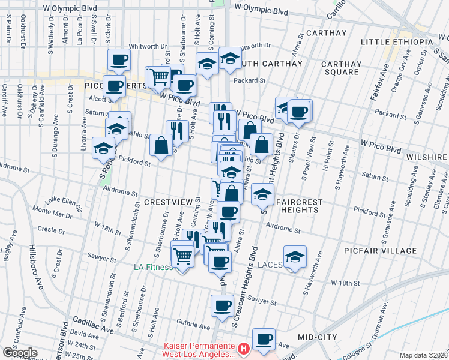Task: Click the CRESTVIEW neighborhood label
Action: click(x=161, y=203)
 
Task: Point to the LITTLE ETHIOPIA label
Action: click(x=397, y=41)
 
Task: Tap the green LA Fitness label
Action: click(x=152, y=266)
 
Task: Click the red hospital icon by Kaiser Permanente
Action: click(x=243, y=348)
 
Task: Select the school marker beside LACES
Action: click(x=294, y=257)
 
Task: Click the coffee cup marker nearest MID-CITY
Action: click(x=264, y=340)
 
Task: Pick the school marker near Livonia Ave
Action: click(x=104, y=147)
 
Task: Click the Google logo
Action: click(x=19, y=352)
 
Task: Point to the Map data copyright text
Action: click(x=424, y=355)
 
